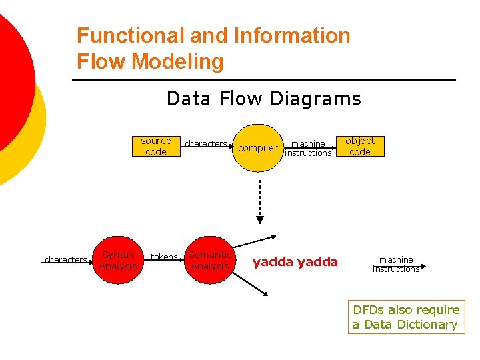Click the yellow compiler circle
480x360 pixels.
(258, 148)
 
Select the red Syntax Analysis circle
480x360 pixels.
(118, 260)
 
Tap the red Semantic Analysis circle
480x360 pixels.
(210, 260)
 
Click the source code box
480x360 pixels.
(155, 147)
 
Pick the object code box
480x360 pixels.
(359, 147)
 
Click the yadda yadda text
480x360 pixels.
(295, 262)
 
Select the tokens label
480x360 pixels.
(163, 257)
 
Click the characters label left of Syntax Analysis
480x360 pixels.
(65, 259)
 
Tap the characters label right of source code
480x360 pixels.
(205, 143)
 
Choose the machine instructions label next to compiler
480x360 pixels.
(308, 148)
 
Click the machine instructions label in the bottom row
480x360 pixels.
(396, 264)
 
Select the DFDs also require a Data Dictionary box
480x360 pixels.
(406, 317)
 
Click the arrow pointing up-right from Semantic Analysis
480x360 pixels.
(256, 241)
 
